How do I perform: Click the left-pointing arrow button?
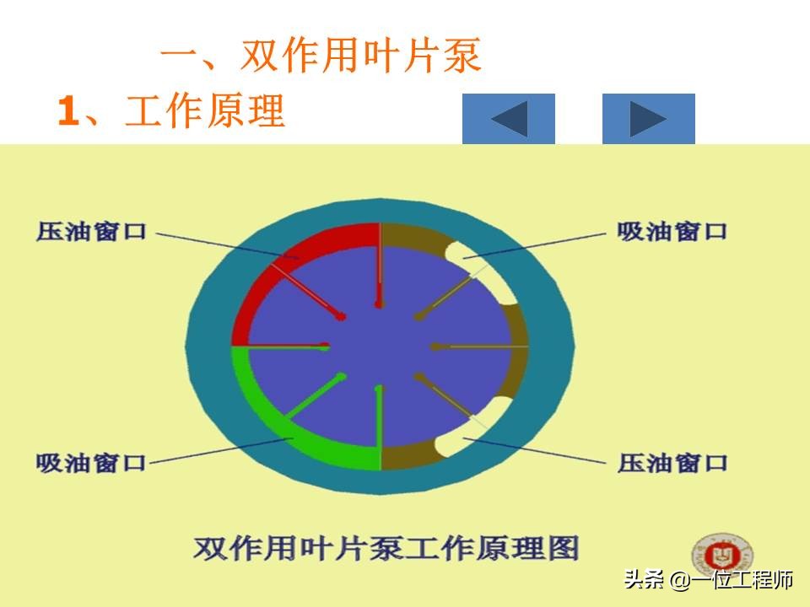(x=508, y=119)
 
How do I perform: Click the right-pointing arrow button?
(x=648, y=119)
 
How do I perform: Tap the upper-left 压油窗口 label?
(x=91, y=231)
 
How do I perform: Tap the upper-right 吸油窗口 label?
(x=672, y=231)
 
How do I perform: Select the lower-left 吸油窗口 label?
(x=91, y=463)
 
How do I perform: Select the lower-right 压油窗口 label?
(x=672, y=463)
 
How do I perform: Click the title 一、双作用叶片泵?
(x=321, y=55)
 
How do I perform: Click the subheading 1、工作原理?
(x=171, y=110)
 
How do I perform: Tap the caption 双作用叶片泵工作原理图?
(x=386, y=548)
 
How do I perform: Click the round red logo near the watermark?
(x=721, y=556)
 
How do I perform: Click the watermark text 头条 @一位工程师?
(x=708, y=579)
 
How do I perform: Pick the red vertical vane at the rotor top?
(x=380, y=266)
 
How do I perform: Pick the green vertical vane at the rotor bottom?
(x=379, y=427)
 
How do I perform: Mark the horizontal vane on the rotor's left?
(x=280, y=346)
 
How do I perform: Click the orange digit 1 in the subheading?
(x=68, y=110)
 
